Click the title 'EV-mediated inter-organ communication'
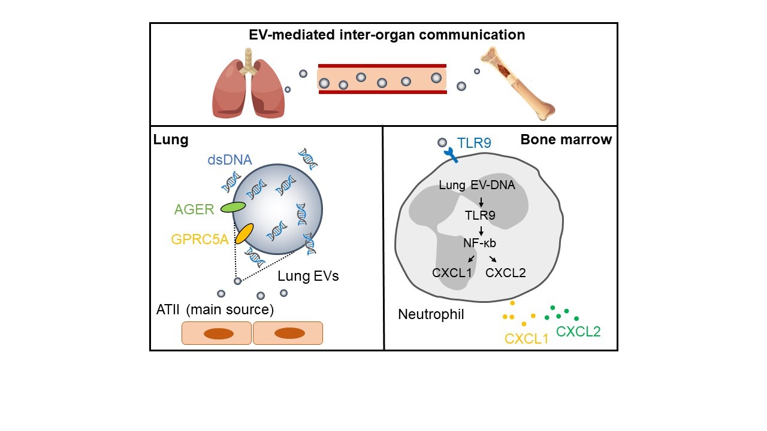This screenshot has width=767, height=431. point(387,35)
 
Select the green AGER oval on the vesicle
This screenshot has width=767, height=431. point(233,207)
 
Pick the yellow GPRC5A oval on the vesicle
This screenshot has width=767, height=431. point(244,233)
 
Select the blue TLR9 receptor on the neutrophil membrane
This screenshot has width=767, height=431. point(449,155)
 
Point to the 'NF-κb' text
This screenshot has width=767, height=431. point(480,243)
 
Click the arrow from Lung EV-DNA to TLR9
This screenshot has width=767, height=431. point(481,201)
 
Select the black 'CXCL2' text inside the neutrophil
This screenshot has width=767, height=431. point(506,273)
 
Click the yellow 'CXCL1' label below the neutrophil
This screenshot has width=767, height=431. point(527,339)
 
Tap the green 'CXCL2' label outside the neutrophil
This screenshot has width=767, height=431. point(578,331)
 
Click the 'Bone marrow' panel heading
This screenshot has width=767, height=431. point(566,140)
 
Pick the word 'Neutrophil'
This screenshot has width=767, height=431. point(431,314)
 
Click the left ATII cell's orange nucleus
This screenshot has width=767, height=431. point(218,333)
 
